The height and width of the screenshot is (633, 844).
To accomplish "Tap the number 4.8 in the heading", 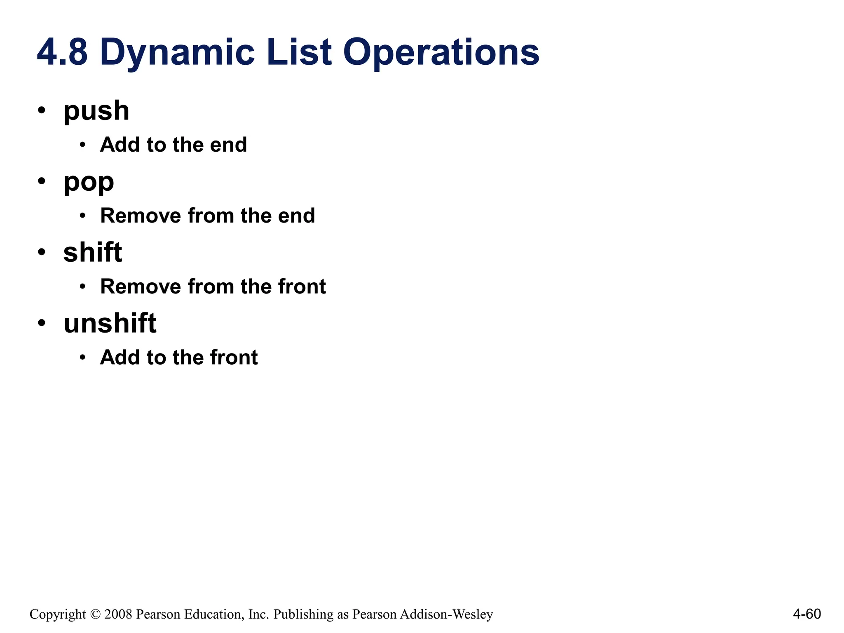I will (x=62, y=53).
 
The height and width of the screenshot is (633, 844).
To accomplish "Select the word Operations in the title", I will (x=441, y=53).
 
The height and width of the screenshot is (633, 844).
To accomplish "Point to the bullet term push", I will (x=96, y=111).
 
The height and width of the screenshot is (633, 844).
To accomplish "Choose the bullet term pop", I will (x=89, y=182).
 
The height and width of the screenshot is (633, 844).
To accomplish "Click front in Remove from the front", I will (x=302, y=286).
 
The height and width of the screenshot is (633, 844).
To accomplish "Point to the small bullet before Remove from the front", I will (x=83, y=286).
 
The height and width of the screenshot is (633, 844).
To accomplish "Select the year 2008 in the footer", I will (x=118, y=614).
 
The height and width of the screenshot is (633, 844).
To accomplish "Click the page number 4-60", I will (x=806, y=614).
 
